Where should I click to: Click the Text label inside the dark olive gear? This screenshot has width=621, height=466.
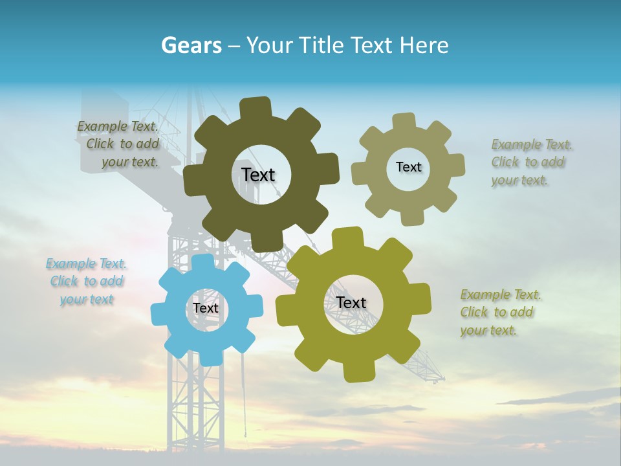tap(258, 175)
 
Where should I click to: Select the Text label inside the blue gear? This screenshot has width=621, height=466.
tap(206, 308)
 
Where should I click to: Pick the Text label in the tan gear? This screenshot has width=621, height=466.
tap(408, 167)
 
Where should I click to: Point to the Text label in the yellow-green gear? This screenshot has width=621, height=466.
tap(351, 302)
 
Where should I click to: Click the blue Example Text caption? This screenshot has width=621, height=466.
tap(87, 282)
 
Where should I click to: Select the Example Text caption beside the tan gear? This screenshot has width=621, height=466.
tap(532, 162)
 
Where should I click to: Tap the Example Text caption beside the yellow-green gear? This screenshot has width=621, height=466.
tap(501, 313)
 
